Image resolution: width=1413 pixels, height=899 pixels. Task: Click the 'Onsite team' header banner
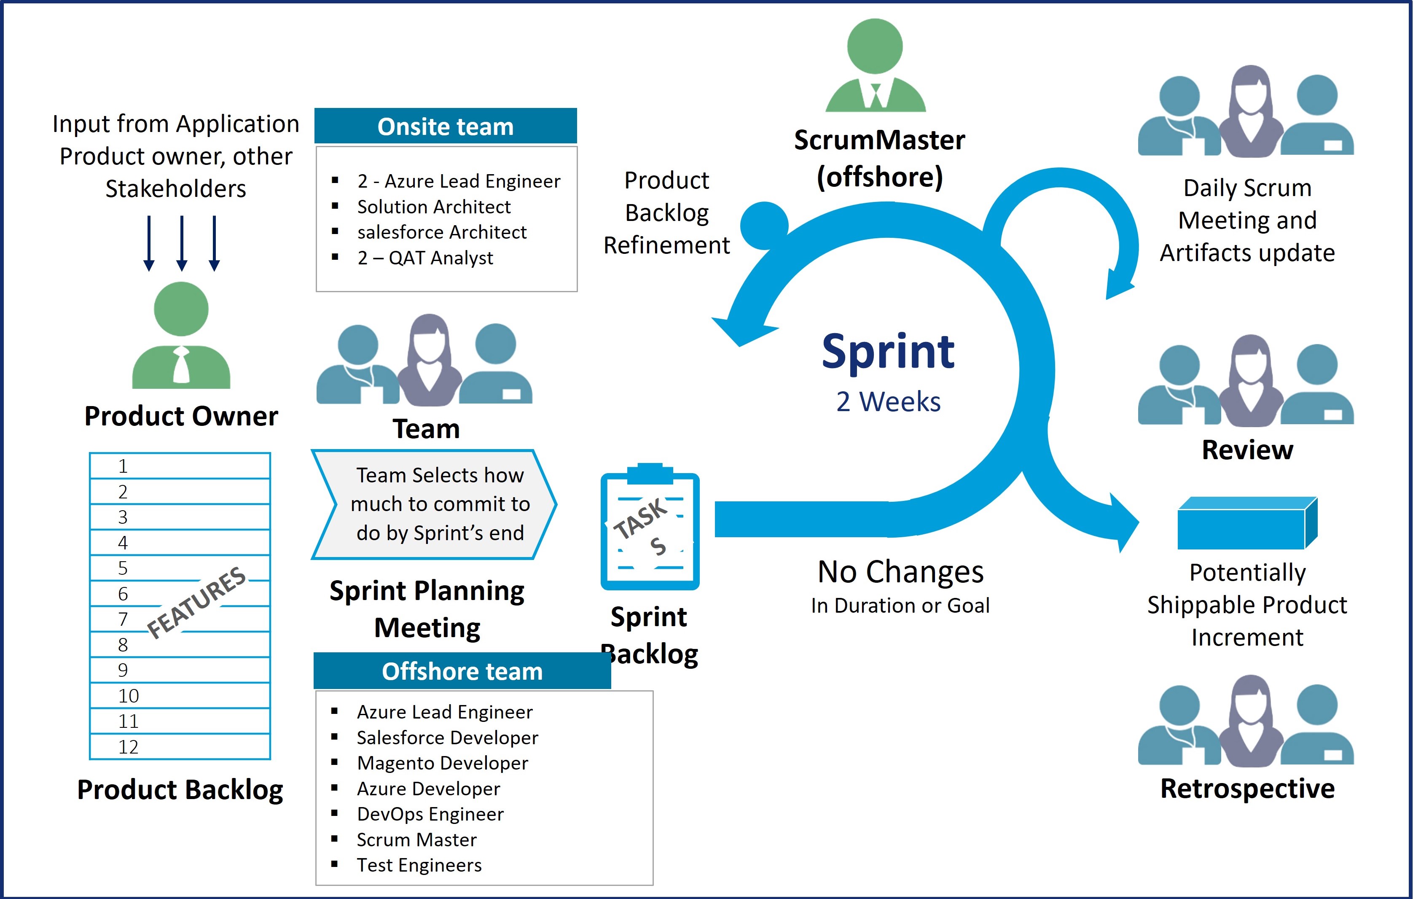(x=446, y=126)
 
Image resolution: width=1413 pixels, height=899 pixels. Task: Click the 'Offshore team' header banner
(x=462, y=671)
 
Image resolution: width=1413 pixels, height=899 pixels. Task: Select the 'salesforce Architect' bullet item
(x=441, y=232)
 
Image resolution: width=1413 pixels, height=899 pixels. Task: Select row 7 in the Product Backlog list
(x=180, y=619)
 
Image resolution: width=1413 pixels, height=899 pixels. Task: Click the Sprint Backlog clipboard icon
(x=650, y=528)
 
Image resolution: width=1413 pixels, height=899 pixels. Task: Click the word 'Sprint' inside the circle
(x=888, y=352)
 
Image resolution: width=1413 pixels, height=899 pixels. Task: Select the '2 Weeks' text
(x=888, y=402)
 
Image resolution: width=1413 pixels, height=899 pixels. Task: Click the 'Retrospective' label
(x=1247, y=788)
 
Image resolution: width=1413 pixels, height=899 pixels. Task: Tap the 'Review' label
(x=1247, y=450)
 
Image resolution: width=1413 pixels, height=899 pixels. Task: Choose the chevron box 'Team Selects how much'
(x=434, y=504)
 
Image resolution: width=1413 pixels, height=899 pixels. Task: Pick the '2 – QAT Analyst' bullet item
(x=425, y=258)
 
